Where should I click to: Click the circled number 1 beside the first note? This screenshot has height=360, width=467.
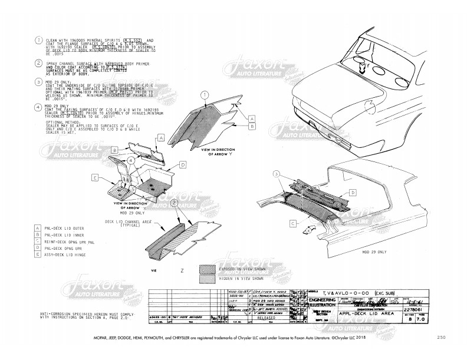click(x=38, y=41)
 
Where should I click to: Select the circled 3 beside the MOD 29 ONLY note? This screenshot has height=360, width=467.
click(x=38, y=83)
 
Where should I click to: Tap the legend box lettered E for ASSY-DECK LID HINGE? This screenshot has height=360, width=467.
click(x=38, y=255)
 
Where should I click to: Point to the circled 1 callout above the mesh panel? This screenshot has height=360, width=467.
click(x=204, y=94)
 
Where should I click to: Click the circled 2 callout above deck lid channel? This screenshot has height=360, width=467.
click(x=174, y=202)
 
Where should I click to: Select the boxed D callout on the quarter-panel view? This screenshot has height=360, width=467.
click(x=353, y=193)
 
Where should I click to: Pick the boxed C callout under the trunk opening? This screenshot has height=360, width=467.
click(x=292, y=223)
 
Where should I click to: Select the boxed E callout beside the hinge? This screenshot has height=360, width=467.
click(x=95, y=177)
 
